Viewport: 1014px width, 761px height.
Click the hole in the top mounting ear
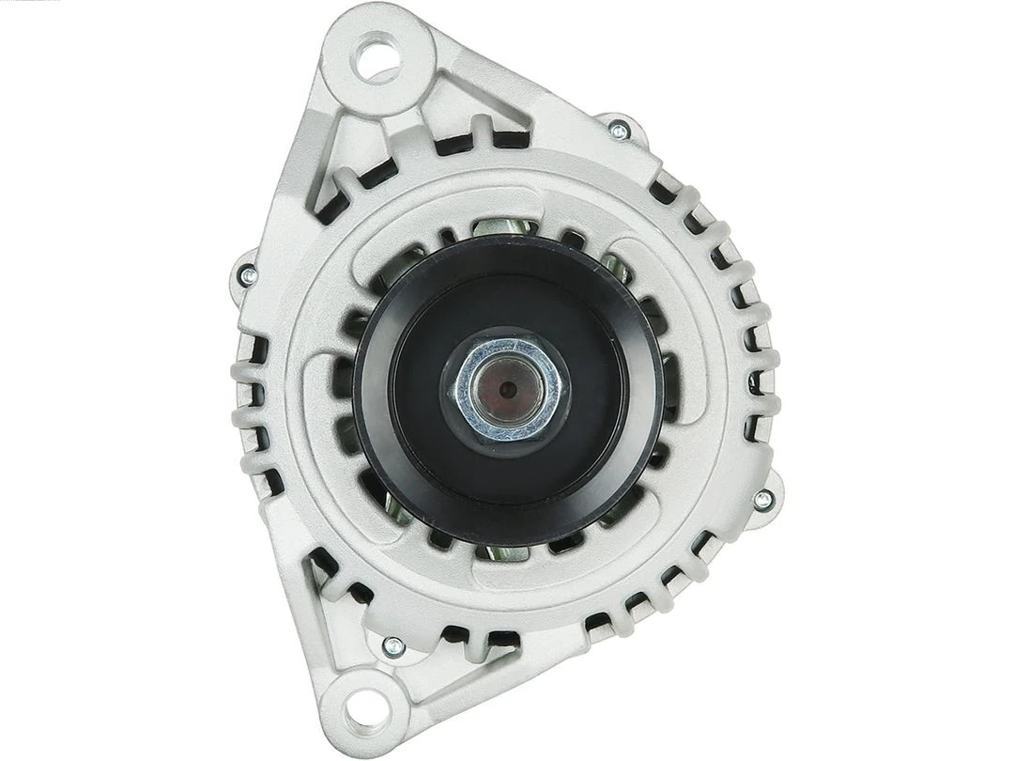pyautogui.click(x=377, y=56)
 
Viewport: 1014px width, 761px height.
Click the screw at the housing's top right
pyautogui.click(x=618, y=131)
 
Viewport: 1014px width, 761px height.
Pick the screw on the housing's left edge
pyautogui.click(x=248, y=275)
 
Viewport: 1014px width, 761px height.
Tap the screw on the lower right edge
pyautogui.click(x=763, y=500)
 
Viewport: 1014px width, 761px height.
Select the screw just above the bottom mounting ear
pyautogui.click(x=393, y=645)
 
